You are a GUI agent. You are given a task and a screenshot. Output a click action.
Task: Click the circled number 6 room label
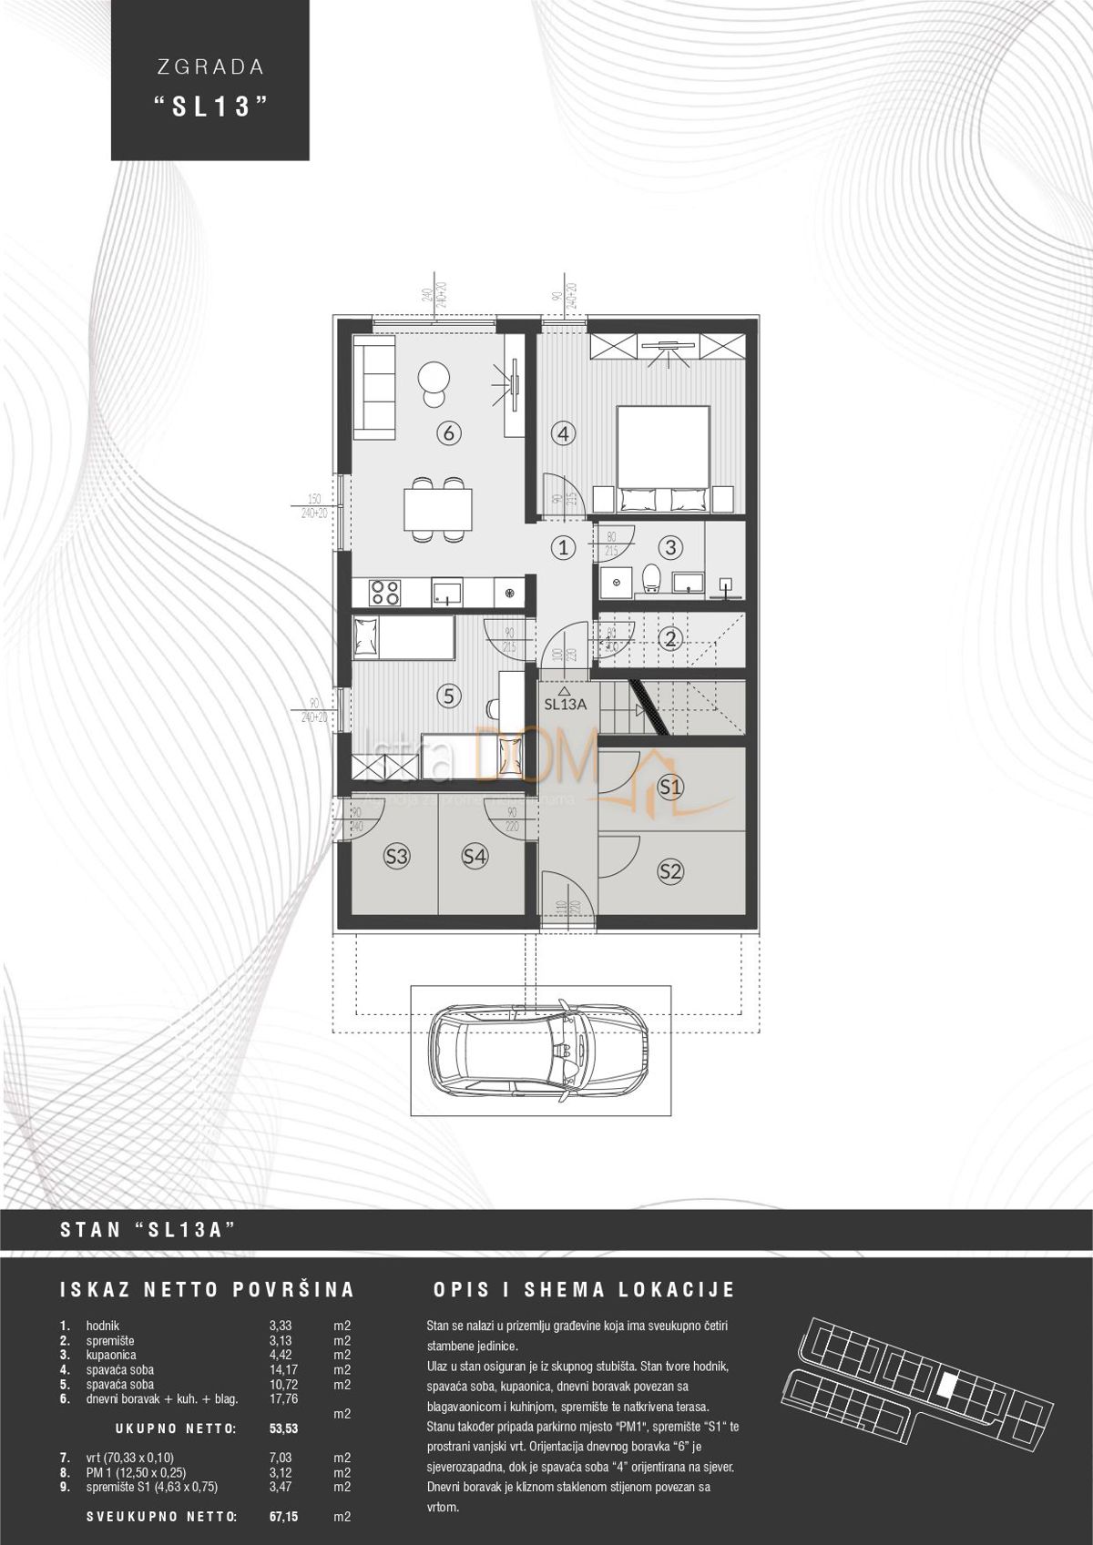point(447,433)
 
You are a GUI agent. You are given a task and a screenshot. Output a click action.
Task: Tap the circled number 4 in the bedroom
point(564,433)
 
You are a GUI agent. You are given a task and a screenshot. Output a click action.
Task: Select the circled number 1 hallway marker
point(565,547)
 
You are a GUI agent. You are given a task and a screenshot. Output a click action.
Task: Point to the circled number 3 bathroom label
point(671,547)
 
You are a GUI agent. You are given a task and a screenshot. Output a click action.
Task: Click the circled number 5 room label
point(447,696)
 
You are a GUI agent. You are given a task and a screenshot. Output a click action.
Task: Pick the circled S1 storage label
point(671,787)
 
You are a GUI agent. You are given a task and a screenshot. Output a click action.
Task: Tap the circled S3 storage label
point(396,856)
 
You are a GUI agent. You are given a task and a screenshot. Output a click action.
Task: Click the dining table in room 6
point(438,509)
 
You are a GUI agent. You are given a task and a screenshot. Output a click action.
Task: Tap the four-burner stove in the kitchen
point(384,593)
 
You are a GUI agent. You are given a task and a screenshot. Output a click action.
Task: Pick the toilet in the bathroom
point(651,576)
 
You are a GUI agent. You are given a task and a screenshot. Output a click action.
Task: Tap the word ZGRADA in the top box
point(209,66)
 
